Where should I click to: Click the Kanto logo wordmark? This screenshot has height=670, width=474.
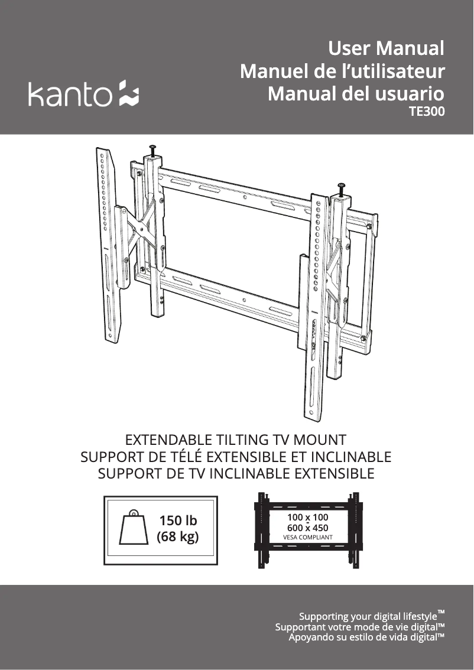[70, 93]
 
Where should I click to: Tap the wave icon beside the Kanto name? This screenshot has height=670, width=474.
[129, 93]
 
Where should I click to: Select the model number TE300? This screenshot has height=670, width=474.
[427, 111]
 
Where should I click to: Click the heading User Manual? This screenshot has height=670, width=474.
[387, 48]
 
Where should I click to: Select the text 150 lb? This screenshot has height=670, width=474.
[178, 521]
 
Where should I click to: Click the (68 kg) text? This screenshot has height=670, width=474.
[178, 536]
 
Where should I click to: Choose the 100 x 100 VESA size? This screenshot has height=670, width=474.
[308, 517]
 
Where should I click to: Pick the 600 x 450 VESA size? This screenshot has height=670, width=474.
[308, 528]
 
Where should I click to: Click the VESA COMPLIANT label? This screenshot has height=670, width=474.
[308, 538]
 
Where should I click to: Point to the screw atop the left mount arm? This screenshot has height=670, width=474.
[153, 151]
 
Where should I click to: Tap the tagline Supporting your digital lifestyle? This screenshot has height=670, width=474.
[372, 616]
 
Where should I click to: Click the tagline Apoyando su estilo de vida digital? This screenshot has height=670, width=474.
[366, 637]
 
